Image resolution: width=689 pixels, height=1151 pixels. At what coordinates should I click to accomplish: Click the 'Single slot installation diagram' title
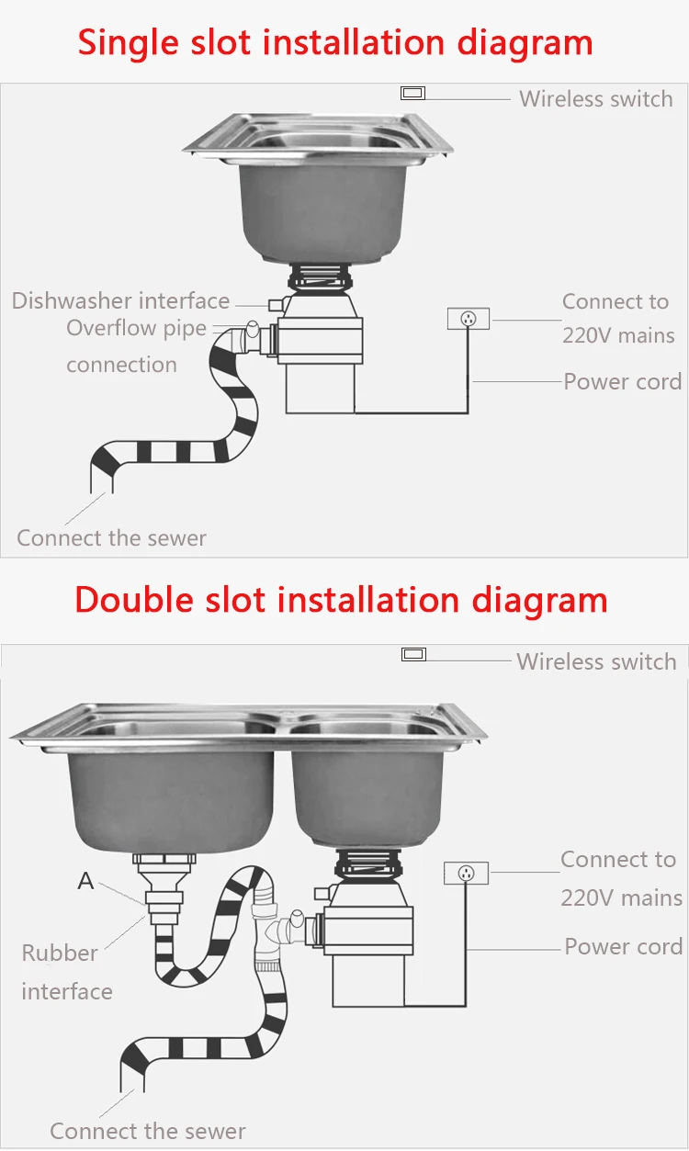click(335, 42)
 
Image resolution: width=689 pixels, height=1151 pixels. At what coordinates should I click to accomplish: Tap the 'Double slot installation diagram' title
click(341, 600)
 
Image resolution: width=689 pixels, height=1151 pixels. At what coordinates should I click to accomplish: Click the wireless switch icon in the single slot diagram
click(412, 93)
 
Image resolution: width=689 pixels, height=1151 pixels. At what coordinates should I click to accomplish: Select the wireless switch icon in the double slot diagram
click(414, 654)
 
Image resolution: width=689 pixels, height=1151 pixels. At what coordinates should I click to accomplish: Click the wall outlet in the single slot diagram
click(469, 319)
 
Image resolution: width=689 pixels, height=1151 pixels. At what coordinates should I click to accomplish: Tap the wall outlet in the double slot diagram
click(466, 873)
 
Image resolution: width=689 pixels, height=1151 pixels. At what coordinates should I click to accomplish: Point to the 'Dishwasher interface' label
click(120, 300)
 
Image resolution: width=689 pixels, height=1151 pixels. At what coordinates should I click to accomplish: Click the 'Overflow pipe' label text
click(136, 329)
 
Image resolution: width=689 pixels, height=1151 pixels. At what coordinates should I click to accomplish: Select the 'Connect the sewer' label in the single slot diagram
click(111, 537)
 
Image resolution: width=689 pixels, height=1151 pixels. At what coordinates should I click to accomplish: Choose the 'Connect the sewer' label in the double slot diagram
click(148, 1131)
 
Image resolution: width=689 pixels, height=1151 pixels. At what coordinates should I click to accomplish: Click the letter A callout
click(85, 881)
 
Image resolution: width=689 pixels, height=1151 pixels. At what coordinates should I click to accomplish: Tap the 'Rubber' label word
click(60, 953)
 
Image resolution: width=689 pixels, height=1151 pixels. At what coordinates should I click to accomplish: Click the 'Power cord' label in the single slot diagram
click(622, 381)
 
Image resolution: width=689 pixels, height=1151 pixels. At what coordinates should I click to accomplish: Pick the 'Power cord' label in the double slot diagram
click(623, 946)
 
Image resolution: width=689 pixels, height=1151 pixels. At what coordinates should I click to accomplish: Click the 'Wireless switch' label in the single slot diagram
click(595, 99)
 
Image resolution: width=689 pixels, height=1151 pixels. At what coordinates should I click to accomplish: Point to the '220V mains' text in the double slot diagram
click(622, 897)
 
